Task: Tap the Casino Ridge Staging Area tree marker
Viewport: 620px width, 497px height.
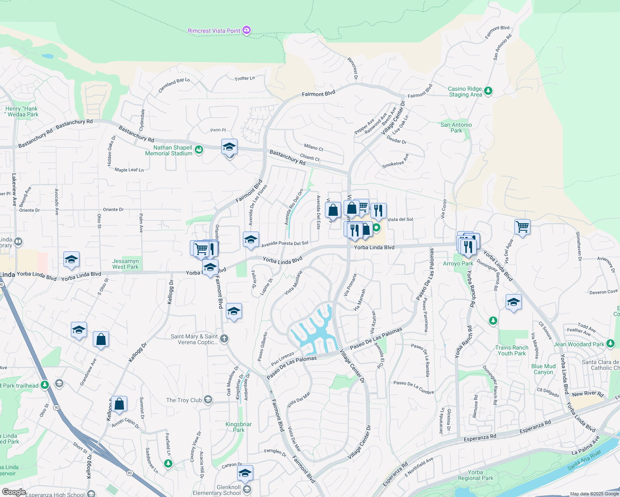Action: (x=488, y=91)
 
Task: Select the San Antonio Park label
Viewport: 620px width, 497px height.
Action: (x=456, y=128)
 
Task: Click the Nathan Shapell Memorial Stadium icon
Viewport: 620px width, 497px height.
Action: (x=199, y=150)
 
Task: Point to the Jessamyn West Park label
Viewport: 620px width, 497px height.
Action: (x=125, y=264)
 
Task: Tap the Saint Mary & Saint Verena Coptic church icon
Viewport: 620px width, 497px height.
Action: (x=224, y=339)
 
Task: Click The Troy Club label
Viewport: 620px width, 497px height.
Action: (x=184, y=400)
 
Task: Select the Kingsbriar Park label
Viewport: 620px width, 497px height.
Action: (x=238, y=427)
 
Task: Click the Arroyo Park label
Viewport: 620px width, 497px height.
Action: (x=458, y=263)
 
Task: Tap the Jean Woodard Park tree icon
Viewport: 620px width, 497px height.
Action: (x=610, y=343)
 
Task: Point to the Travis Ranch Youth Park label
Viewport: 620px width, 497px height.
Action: (x=512, y=350)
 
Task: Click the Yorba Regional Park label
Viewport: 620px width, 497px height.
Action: (x=475, y=475)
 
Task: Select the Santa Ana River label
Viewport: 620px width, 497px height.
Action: (x=584, y=460)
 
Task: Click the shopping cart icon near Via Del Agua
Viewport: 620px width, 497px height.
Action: (x=522, y=227)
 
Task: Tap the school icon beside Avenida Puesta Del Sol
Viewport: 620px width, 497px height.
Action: (x=251, y=240)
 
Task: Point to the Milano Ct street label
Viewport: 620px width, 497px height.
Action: (x=313, y=147)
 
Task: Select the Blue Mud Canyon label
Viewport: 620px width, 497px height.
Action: (x=543, y=369)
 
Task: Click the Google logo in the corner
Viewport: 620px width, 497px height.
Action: (x=14, y=492)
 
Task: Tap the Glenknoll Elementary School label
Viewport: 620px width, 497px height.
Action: (x=217, y=490)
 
